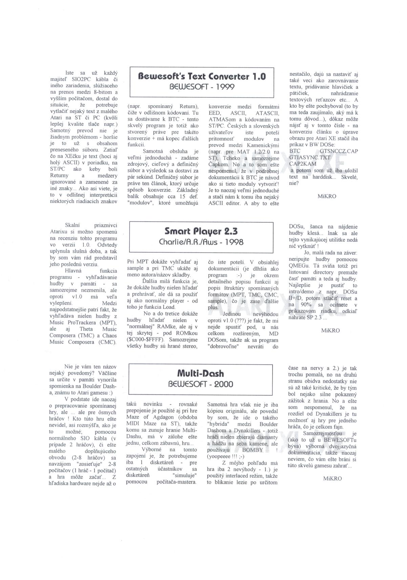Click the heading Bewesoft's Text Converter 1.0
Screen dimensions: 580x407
(202, 76)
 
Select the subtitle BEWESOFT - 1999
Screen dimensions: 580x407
(202, 87)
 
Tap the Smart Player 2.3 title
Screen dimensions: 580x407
(201, 231)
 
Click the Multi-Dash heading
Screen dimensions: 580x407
(200, 373)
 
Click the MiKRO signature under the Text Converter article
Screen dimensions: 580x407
(327, 196)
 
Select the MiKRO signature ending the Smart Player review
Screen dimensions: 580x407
(330, 330)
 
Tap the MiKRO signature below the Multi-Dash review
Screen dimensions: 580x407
(332, 478)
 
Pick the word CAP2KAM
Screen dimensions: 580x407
(303, 164)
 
